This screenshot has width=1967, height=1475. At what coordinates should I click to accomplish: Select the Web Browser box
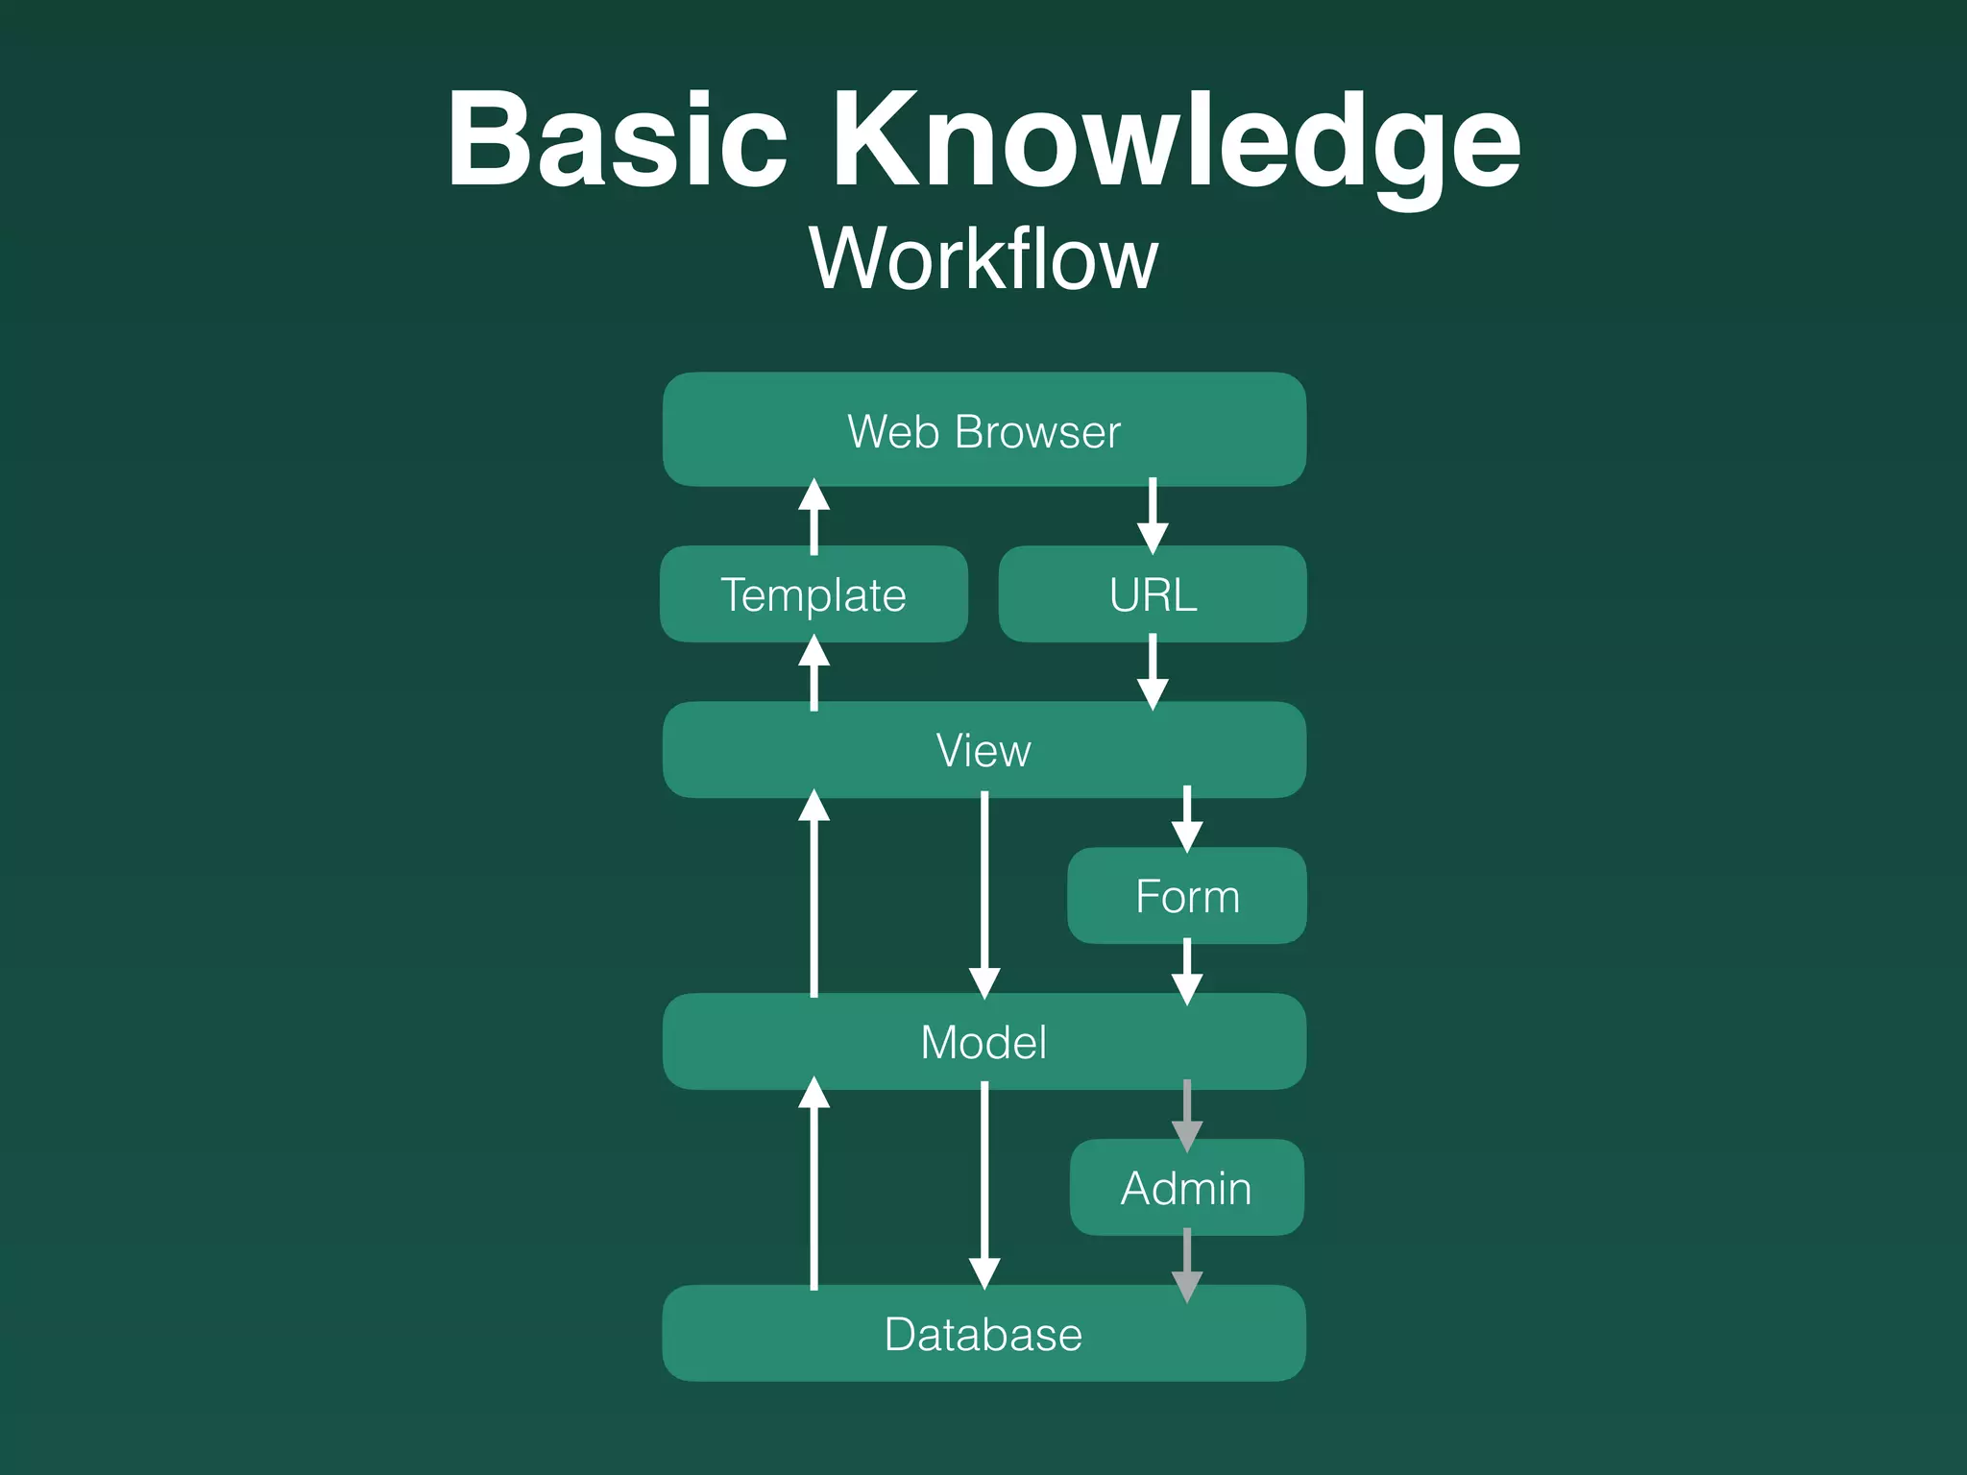click(x=983, y=430)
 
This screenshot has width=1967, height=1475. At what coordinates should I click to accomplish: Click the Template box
click(x=814, y=594)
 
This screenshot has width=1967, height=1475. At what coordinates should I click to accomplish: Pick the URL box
click(x=1153, y=594)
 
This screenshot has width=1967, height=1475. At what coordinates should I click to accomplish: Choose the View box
click(x=983, y=750)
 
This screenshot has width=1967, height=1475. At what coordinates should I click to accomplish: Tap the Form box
click(x=1187, y=896)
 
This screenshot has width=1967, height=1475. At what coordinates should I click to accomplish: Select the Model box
click(x=983, y=1042)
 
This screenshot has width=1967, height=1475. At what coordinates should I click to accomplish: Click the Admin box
click(x=1187, y=1188)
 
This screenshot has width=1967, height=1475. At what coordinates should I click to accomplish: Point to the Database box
click(x=983, y=1334)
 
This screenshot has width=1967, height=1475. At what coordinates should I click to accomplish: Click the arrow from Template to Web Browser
click(x=814, y=518)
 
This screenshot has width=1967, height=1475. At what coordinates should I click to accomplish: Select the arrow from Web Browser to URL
click(x=1153, y=516)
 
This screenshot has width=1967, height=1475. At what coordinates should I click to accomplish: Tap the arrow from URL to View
click(x=1153, y=672)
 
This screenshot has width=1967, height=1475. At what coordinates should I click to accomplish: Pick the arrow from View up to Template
click(x=814, y=673)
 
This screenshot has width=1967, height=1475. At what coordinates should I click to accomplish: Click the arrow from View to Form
click(x=1187, y=819)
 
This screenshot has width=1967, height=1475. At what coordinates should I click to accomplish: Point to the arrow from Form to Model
click(x=1187, y=971)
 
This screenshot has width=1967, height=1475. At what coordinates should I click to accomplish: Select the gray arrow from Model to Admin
click(x=1187, y=1115)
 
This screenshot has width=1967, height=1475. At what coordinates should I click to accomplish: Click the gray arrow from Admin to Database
click(x=1187, y=1264)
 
